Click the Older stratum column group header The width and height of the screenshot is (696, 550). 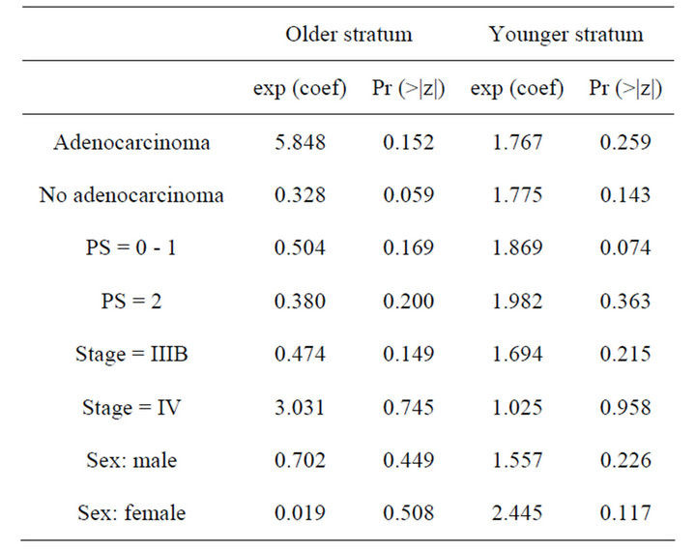pyautogui.click(x=348, y=35)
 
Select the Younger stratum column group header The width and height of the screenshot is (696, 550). pyautogui.click(x=565, y=35)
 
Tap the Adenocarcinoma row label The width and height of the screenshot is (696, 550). pyautogui.click(x=131, y=143)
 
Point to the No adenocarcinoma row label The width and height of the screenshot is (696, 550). pyautogui.click(x=131, y=196)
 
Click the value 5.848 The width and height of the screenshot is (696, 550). pyautogui.click(x=299, y=143)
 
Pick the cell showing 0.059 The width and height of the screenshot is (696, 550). pyautogui.click(x=409, y=196)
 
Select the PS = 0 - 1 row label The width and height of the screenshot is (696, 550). pyautogui.click(x=131, y=248)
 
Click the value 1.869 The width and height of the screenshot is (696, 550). pyautogui.click(x=517, y=248)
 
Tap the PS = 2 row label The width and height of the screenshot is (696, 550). pyautogui.click(x=131, y=301)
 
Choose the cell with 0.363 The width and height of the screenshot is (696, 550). pyautogui.click(x=625, y=301)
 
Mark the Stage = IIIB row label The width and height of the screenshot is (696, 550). pyautogui.click(x=131, y=354)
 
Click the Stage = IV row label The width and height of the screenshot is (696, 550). pyautogui.click(x=131, y=406)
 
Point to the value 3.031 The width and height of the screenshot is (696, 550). pyautogui.click(x=299, y=406)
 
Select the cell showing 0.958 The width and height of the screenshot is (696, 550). pyautogui.click(x=625, y=406)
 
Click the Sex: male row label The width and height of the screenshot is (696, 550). pyautogui.click(x=131, y=459)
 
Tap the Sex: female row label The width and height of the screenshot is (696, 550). pyautogui.click(x=131, y=511)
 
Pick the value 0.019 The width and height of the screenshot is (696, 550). pyautogui.click(x=299, y=511)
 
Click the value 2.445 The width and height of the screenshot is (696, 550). pyautogui.click(x=517, y=511)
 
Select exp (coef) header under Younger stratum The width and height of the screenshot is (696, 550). pyautogui.click(x=517, y=90)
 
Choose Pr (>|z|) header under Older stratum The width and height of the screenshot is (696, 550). pyautogui.click(x=409, y=90)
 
